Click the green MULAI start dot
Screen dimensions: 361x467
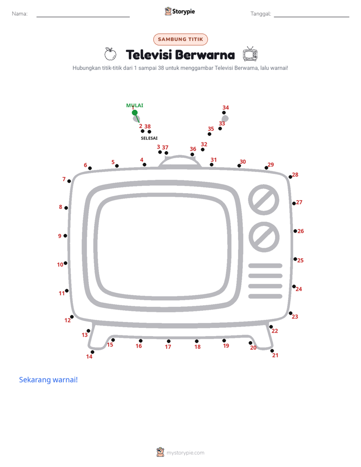tap(134, 113)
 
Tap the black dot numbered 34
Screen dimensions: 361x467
tap(223, 113)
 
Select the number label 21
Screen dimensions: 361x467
tap(275, 355)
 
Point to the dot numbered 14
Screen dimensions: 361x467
tap(93, 352)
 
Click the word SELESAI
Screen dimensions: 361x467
tap(149, 138)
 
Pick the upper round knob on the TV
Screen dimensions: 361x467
tap(263, 200)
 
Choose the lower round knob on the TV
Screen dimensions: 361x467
tap(264, 237)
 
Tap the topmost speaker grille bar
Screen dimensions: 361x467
tap(265, 266)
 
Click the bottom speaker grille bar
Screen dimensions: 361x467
tap(265, 296)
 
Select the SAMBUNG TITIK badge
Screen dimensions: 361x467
tap(180, 39)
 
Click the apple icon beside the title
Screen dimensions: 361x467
tap(111, 54)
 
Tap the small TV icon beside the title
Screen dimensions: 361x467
tap(250, 54)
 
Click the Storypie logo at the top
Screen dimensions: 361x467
tap(180, 11)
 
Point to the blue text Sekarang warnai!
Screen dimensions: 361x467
tap(48, 380)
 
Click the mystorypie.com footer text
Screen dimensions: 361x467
tap(185, 453)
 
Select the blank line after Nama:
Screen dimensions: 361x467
tap(83, 17)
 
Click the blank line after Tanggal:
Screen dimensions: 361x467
tap(311, 17)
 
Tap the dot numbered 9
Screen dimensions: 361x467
tap(65, 236)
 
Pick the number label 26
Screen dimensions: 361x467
tap(301, 231)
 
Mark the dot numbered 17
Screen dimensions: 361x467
tap(168, 341)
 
